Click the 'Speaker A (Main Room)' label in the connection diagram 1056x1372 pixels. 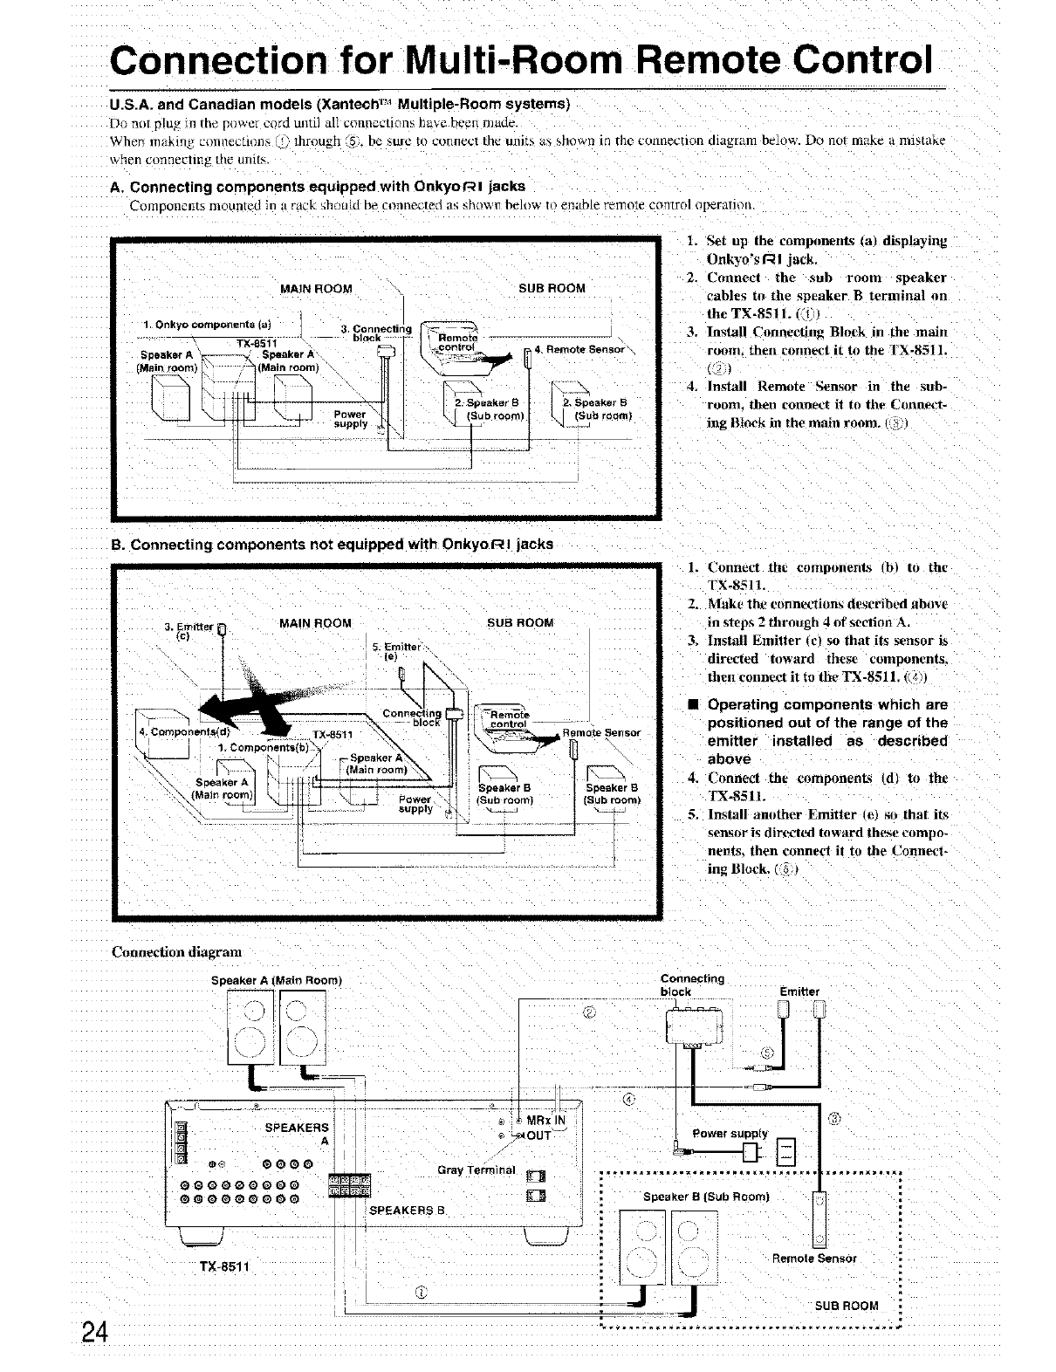click(276, 980)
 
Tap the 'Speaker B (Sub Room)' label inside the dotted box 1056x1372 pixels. click(705, 1197)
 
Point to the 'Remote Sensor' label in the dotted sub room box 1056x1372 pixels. click(813, 1259)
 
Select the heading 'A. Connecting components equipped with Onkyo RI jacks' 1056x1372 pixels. click(327, 186)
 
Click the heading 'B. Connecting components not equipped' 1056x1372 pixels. click(333, 545)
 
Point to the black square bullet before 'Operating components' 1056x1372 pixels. click(691, 704)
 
